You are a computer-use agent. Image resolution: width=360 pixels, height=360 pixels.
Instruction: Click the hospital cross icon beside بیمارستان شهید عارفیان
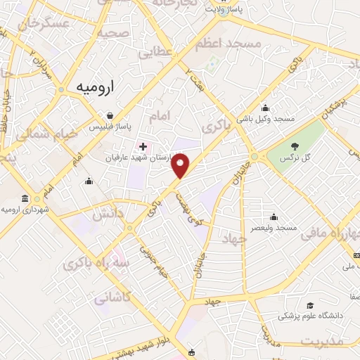pos(144,146)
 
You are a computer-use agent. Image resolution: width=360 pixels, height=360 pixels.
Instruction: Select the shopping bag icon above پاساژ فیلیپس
pos(110,116)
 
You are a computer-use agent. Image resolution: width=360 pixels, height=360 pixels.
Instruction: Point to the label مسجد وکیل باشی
pos(266,119)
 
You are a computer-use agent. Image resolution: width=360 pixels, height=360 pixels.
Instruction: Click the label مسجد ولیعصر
pos(276,229)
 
